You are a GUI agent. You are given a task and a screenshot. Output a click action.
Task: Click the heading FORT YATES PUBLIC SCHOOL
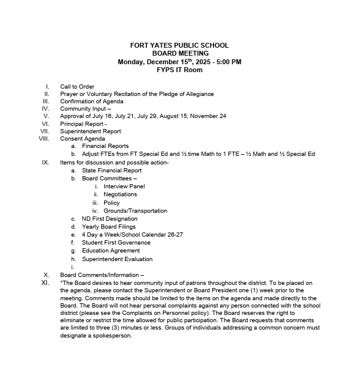click(179, 45)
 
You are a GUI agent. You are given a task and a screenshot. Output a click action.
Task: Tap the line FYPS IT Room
click(179, 70)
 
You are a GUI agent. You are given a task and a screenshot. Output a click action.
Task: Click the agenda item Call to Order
click(77, 86)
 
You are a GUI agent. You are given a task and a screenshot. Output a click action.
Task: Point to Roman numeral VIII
click(43, 138)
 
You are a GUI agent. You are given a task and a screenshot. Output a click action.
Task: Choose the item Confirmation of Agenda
click(91, 101)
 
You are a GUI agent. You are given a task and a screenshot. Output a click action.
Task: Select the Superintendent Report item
click(91, 131)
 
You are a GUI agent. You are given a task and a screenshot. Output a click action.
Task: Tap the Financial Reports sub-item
click(105, 146)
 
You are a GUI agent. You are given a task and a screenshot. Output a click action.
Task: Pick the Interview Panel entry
click(124, 186)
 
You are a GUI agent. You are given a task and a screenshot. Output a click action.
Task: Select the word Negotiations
click(120, 194)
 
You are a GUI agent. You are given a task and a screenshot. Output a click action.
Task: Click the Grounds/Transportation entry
click(135, 211)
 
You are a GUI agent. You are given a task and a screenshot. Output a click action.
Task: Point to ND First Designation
click(110, 218)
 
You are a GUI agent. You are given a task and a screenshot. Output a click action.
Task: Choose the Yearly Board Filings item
click(109, 227)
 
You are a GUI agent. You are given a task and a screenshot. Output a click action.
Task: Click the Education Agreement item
click(111, 251)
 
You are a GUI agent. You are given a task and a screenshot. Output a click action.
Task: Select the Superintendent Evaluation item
click(117, 259)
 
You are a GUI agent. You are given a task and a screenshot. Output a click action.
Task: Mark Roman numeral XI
click(45, 283)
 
